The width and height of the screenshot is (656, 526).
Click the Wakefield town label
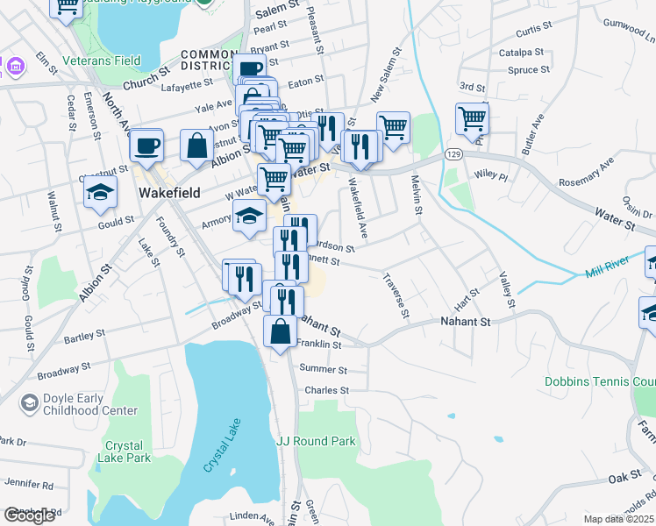tap(169, 192)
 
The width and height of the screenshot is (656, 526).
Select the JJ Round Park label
tap(316, 441)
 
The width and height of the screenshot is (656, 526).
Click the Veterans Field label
tap(102, 61)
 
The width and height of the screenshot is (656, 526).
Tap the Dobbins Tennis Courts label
tap(600, 382)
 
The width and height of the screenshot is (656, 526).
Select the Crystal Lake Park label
tap(127, 451)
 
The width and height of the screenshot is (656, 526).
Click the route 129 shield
tap(453, 154)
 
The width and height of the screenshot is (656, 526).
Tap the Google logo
tap(29, 515)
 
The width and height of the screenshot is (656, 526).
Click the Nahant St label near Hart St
tap(464, 323)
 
